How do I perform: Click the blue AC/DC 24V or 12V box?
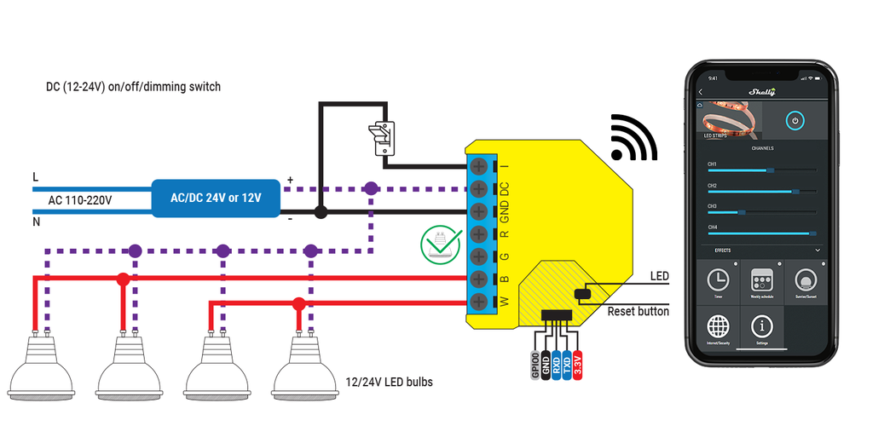[x=216, y=198]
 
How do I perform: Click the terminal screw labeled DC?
[x=479, y=187]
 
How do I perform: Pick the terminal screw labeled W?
[x=479, y=302]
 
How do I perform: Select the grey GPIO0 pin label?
[x=535, y=366]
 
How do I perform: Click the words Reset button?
[x=638, y=312]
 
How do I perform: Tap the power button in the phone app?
[x=794, y=121]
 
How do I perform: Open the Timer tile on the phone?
[x=718, y=282]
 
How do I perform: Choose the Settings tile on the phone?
[x=761, y=329]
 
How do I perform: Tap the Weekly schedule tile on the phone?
[x=761, y=282]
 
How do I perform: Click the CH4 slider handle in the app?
[x=812, y=233]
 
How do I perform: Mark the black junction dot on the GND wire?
[x=320, y=210]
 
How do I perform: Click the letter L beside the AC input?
[x=35, y=176]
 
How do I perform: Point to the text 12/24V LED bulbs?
[x=389, y=382]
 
